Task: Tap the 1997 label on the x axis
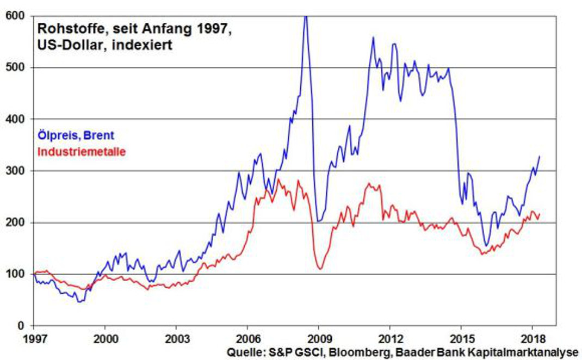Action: pyautogui.click(x=34, y=337)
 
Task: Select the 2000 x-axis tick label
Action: pyautogui.click(x=105, y=337)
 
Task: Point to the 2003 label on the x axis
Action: pyautogui.click(x=176, y=337)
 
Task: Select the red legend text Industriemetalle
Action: pyautogui.click(x=81, y=151)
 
